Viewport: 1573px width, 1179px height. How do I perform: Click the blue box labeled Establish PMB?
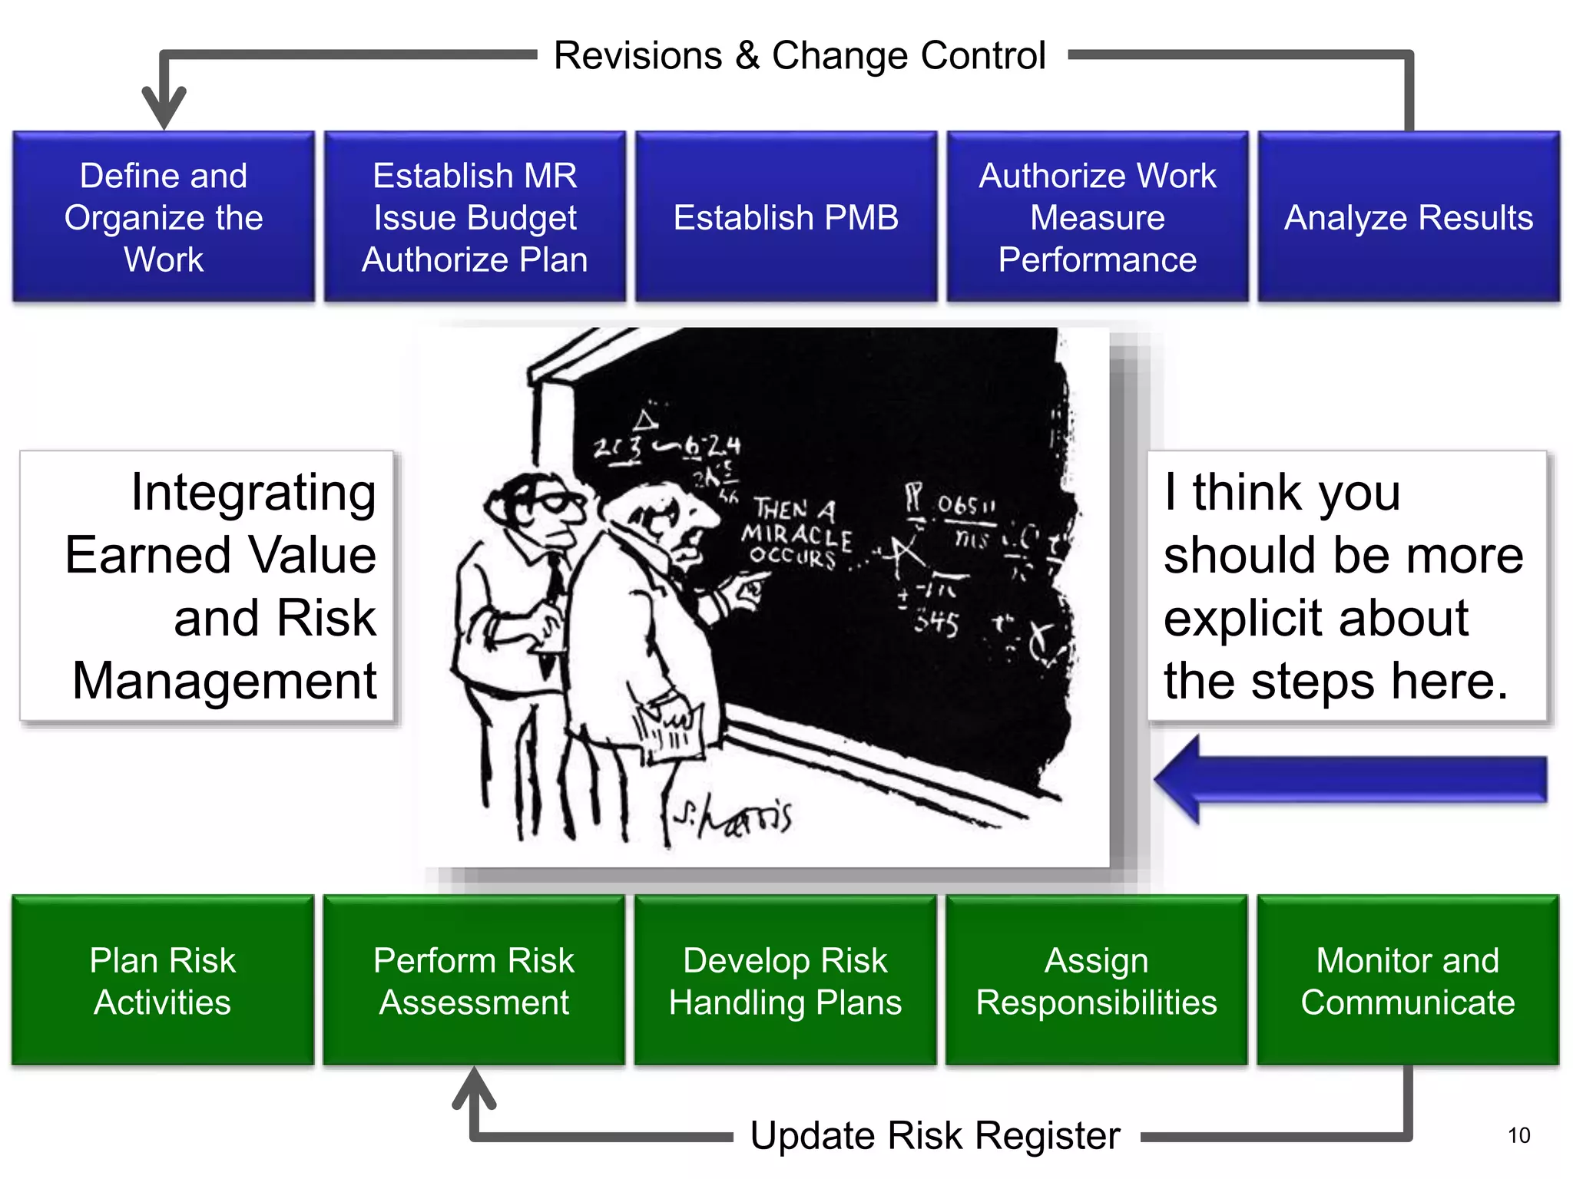pos(786,217)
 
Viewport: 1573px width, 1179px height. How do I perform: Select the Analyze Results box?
pos(1408,217)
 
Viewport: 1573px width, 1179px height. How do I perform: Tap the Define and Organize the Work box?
pos(164,217)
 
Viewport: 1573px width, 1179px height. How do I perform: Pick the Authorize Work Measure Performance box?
pos(1097,217)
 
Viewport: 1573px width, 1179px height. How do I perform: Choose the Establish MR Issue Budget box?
pos(475,217)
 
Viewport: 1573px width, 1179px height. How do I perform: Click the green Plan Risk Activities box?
pos(163,980)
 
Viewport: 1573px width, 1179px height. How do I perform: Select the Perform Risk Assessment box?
pos(474,980)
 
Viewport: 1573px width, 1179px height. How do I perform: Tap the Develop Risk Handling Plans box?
pos(785,980)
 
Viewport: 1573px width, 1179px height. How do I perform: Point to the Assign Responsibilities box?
pos(1096,980)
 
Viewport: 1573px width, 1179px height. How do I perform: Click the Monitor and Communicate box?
pos(1407,980)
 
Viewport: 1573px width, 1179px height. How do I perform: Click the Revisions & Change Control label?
pos(800,55)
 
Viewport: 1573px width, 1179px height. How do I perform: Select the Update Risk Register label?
pos(935,1135)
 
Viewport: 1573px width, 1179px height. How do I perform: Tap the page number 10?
pos(1518,1135)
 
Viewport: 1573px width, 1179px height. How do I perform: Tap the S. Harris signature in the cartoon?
pos(734,817)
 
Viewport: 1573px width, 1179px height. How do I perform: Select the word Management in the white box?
pos(224,680)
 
